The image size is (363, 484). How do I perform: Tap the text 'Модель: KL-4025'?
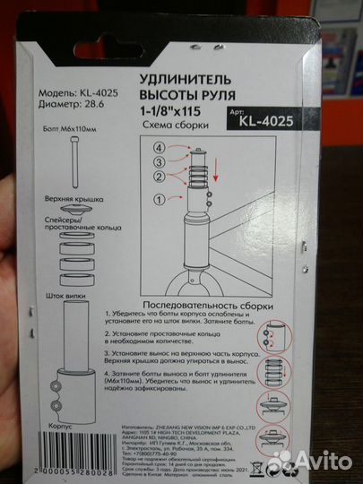(x=79, y=91)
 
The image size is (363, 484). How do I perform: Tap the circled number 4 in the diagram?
(x=160, y=146)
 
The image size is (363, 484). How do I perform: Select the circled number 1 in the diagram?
(x=160, y=198)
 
